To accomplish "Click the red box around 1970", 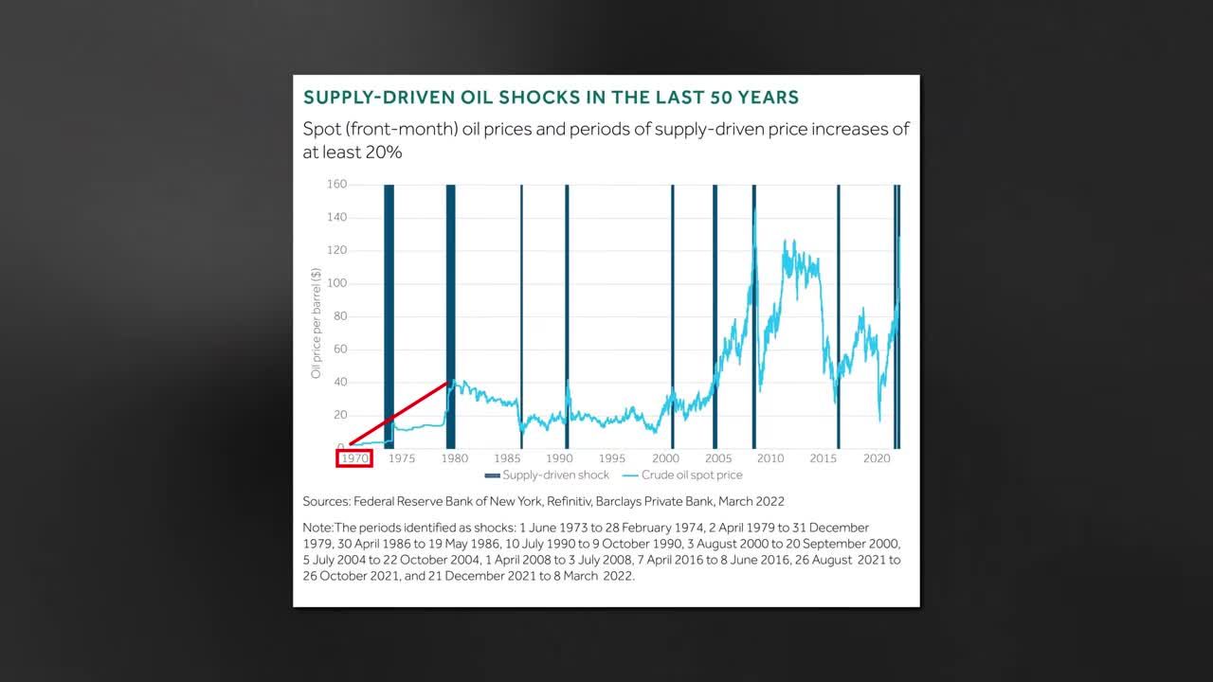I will pyautogui.click(x=353, y=458).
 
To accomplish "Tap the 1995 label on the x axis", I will pyautogui.click(x=612, y=458).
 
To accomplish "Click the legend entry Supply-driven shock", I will pyautogui.click(x=550, y=476).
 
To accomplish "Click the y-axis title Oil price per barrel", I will pyautogui.click(x=317, y=323).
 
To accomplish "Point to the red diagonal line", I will pyautogui.click(x=398, y=413).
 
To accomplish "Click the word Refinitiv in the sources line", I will pyautogui.click(x=539, y=501).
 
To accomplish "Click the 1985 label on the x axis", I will pyautogui.click(x=508, y=458).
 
